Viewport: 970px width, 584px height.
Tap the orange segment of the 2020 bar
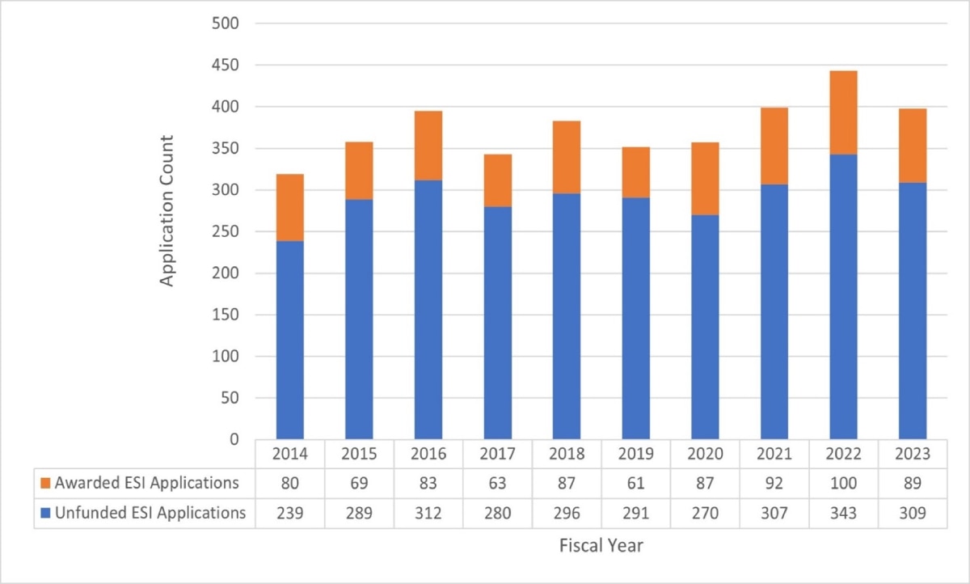(x=705, y=179)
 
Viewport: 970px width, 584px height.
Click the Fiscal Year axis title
(x=601, y=545)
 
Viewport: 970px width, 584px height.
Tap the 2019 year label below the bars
(x=635, y=455)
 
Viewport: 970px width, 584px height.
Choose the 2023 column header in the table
(x=913, y=455)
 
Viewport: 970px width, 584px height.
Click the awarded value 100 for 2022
(x=843, y=484)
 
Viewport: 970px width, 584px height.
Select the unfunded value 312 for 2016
(x=428, y=512)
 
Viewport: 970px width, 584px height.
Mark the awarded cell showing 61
(x=635, y=484)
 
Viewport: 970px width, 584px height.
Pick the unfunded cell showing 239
(x=289, y=512)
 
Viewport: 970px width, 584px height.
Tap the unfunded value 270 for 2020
(x=705, y=512)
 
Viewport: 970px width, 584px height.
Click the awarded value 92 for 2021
(x=774, y=484)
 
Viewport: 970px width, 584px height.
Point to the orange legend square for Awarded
(x=46, y=484)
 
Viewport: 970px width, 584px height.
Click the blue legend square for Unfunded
(x=46, y=512)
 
